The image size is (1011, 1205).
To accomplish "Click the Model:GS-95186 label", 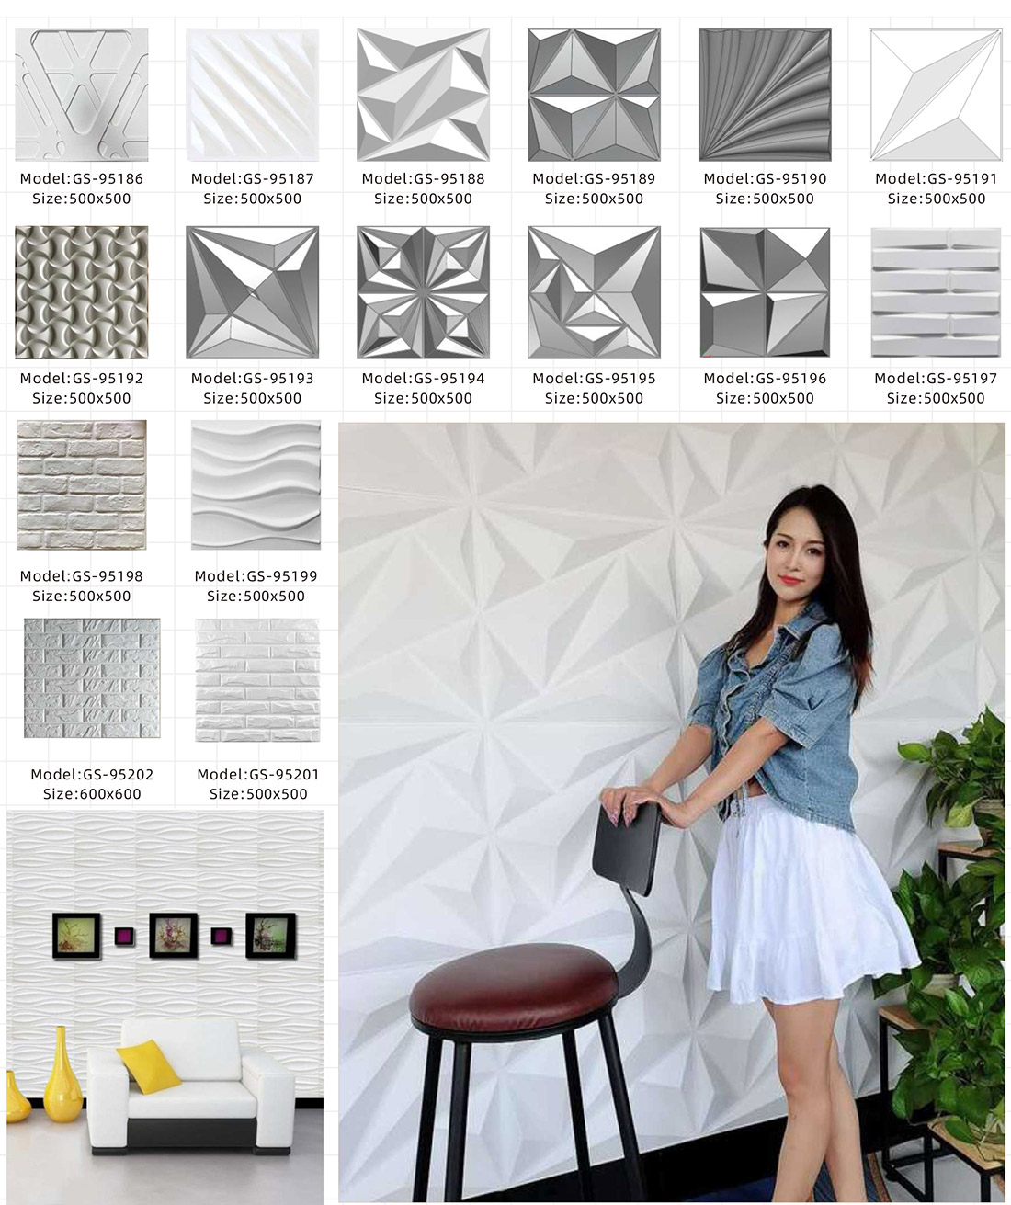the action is pyautogui.click(x=82, y=179).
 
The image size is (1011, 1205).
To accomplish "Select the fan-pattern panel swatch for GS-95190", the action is pyautogui.click(x=765, y=95).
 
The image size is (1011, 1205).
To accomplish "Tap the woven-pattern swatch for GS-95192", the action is pyautogui.click(x=82, y=292).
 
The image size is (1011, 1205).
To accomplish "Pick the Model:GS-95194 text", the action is pyautogui.click(x=423, y=379).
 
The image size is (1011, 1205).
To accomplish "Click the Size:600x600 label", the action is pyautogui.click(x=92, y=794).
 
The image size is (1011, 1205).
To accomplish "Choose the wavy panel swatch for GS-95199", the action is pyautogui.click(x=256, y=484).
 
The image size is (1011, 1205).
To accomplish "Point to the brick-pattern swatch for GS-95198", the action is pyautogui.click(x=82, y=484).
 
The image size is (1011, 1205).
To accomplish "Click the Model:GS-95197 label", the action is pyautogui.click(x=936, y=379).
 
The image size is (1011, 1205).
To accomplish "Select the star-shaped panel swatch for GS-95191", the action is pyautogui.click(x=936, y=95).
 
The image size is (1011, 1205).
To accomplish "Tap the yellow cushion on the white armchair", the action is pyautogui.click(x=149, y=1066).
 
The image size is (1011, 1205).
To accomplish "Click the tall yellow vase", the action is pyautogui.click(x=62, y=1074).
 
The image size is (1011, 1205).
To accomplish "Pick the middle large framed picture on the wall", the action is pyautogui.click(x=173, y=935).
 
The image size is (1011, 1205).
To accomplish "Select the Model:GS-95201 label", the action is pyautogui.click(x=258, y=775).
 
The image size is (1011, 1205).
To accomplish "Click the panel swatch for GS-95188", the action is pyautogui.click(x=423, y=95).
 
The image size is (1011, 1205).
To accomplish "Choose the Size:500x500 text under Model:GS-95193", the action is pyautogui.click(x=252, y=398).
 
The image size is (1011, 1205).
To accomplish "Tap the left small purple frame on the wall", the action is pyautogui.click(x=124, y=936).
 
